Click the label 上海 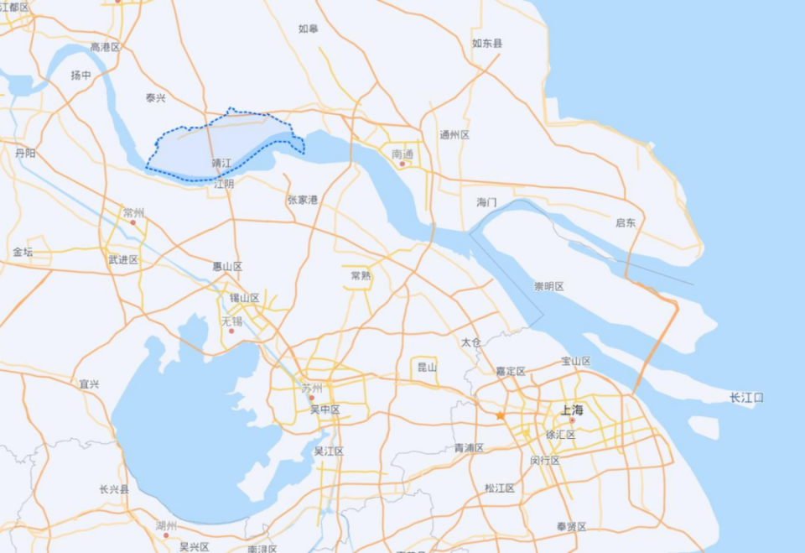tap(572, 410)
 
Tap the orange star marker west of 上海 tap(501, 415)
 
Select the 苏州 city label tap(312, 388)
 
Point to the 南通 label tap(402, 154)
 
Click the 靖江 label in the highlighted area tap(221, 162)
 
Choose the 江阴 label tap(224, 183)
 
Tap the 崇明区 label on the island tap(549, 286)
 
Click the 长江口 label tap(746, 397)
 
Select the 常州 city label tap(133, 213)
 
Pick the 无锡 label tap(231, 321)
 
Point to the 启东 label tap(626, 222)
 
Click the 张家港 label tap(303, 200)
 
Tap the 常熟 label tap(361, 275)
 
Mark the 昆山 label tap(427, 367)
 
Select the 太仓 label tap(471, 342)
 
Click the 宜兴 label tap(89, 383)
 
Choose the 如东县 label tap(487, 43)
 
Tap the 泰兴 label tap(156, 98)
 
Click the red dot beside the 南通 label tap(402, 164)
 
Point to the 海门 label tap(486, 202)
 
